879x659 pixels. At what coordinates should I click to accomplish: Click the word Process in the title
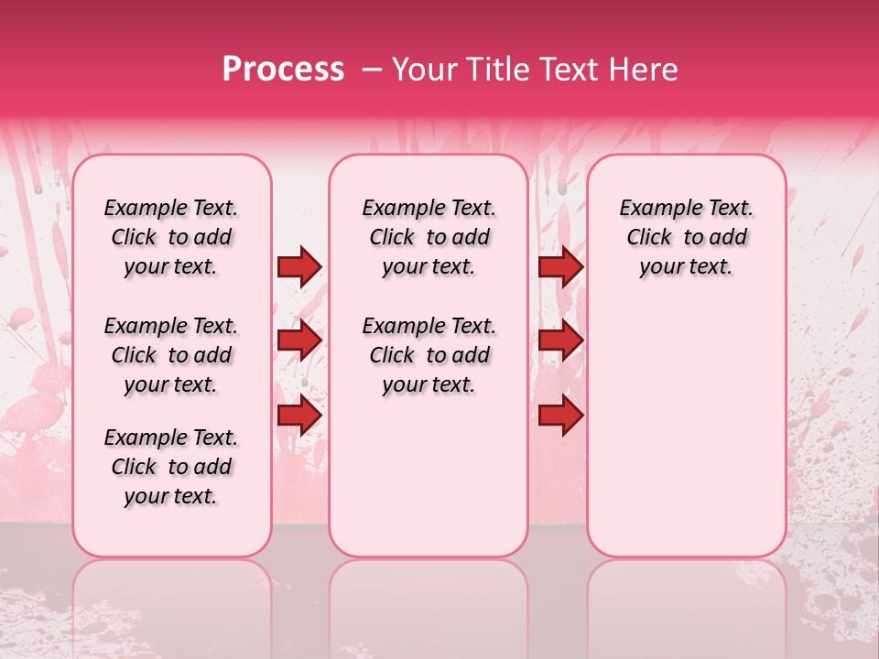[x=283, y=70]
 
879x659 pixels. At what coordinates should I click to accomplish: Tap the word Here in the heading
[x=644, y=70]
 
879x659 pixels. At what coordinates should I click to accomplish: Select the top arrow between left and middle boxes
[x=299, y=266]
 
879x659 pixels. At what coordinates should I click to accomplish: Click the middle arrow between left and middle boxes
[x=299, y=340]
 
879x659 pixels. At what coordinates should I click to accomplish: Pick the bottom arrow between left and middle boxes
[x=299, y=415]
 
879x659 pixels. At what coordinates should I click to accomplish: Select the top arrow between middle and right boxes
[x=560, y=266]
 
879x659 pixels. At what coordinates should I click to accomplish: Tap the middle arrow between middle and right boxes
[x=560, y=340]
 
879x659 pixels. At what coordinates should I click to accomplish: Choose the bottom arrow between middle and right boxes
[x=560, y=415]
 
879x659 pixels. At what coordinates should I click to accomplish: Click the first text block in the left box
[x=171, y=237]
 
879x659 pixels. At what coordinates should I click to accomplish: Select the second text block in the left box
[x=171, y=355]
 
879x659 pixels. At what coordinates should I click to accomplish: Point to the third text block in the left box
[x=171, y=467]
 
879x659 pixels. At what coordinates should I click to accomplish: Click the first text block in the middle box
[x=429, y=237]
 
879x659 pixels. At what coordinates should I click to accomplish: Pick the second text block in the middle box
[x=429, y=355]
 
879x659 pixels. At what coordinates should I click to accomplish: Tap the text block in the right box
[x=687, y=237]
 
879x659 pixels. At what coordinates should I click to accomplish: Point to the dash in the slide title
[x=372, y=70]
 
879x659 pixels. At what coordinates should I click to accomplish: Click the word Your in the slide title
[x=422, y=70]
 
